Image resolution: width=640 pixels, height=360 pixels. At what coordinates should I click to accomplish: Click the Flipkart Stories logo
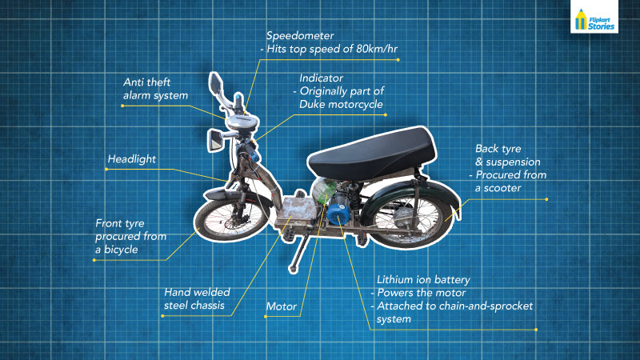tap(594, 17)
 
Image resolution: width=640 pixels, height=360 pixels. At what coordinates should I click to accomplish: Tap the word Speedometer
tap(300, 36)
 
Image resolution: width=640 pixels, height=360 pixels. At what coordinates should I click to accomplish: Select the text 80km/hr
tap(377, 49)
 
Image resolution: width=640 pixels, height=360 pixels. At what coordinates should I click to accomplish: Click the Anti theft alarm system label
tap(155, 89)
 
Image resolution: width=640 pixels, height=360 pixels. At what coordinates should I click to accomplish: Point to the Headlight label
tap(131, 159)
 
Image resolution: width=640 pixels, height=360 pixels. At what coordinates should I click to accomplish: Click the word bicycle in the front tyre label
tap(121, 250)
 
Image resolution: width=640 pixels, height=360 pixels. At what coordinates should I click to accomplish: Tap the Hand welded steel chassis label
tap(197, 298)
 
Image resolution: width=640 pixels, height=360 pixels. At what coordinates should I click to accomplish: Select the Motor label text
tap(282, 306)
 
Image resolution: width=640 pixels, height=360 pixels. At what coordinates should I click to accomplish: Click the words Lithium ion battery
tap(423, 280)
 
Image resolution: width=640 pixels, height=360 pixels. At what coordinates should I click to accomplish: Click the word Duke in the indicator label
tap(312, 105)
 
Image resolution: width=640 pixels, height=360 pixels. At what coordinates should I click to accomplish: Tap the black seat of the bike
tap(371, 154)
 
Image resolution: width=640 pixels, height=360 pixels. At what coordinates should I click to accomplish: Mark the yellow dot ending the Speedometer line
tap(398, 60)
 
